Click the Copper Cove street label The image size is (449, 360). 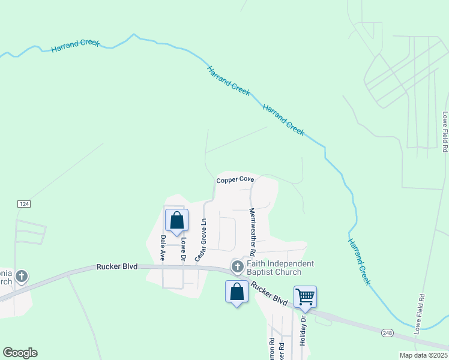click(x=235, y=179)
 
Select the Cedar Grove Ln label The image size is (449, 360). click(x=203, y=239)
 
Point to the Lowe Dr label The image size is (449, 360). click(x=184, y=249)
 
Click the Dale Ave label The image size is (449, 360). click(x=163, y=247)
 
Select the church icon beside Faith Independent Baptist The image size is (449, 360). click(x=238, y=266)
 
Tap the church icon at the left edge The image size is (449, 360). click(x=21, y=277)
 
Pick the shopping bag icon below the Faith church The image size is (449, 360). click(x=237, y=292)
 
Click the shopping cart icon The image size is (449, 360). click(x=305, y=296)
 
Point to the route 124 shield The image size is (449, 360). click(x=24, y=204)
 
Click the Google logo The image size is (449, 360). click(x=20, y=353)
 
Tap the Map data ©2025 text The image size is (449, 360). click(x=423, y=355)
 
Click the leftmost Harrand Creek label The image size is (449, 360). click(x=75, y=46)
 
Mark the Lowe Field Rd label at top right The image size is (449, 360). click(x=445, y=132)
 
